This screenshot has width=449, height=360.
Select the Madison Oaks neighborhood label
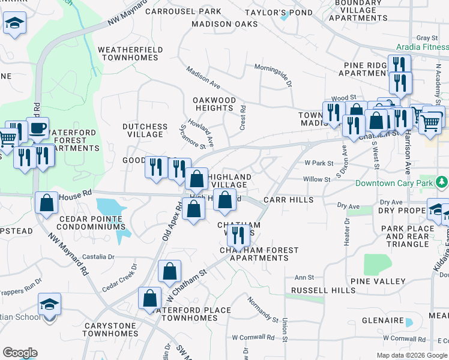coord(224,24)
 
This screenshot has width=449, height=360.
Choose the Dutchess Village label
coord(145,130)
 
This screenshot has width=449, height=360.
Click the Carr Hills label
coord(288,200)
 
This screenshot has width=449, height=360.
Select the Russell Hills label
coord(324,290)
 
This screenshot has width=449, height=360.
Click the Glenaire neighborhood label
coord(382,320)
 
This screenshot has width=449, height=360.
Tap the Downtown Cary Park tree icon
coord(442,181)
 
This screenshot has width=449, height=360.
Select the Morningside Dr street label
coord(273,74)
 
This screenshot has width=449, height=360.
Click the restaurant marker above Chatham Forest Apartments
coord(239,235)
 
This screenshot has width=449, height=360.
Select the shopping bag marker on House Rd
coord(47,203)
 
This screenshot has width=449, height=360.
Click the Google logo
coord(20,353)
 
